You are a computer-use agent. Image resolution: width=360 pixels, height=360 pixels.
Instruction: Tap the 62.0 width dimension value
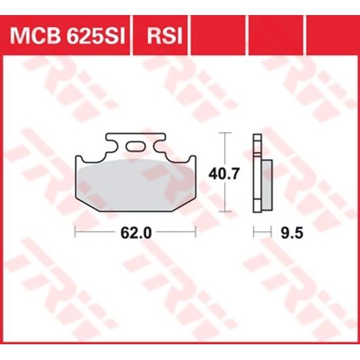(135, 231)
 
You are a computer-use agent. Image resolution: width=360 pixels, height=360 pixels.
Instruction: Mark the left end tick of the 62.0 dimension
(75, 231)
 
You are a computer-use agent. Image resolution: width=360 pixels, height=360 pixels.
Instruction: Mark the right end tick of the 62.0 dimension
(195, 231)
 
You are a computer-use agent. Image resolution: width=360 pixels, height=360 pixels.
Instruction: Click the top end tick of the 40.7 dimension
(225, 134)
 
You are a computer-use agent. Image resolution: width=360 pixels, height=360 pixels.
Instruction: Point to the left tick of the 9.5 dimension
(254, 231)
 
